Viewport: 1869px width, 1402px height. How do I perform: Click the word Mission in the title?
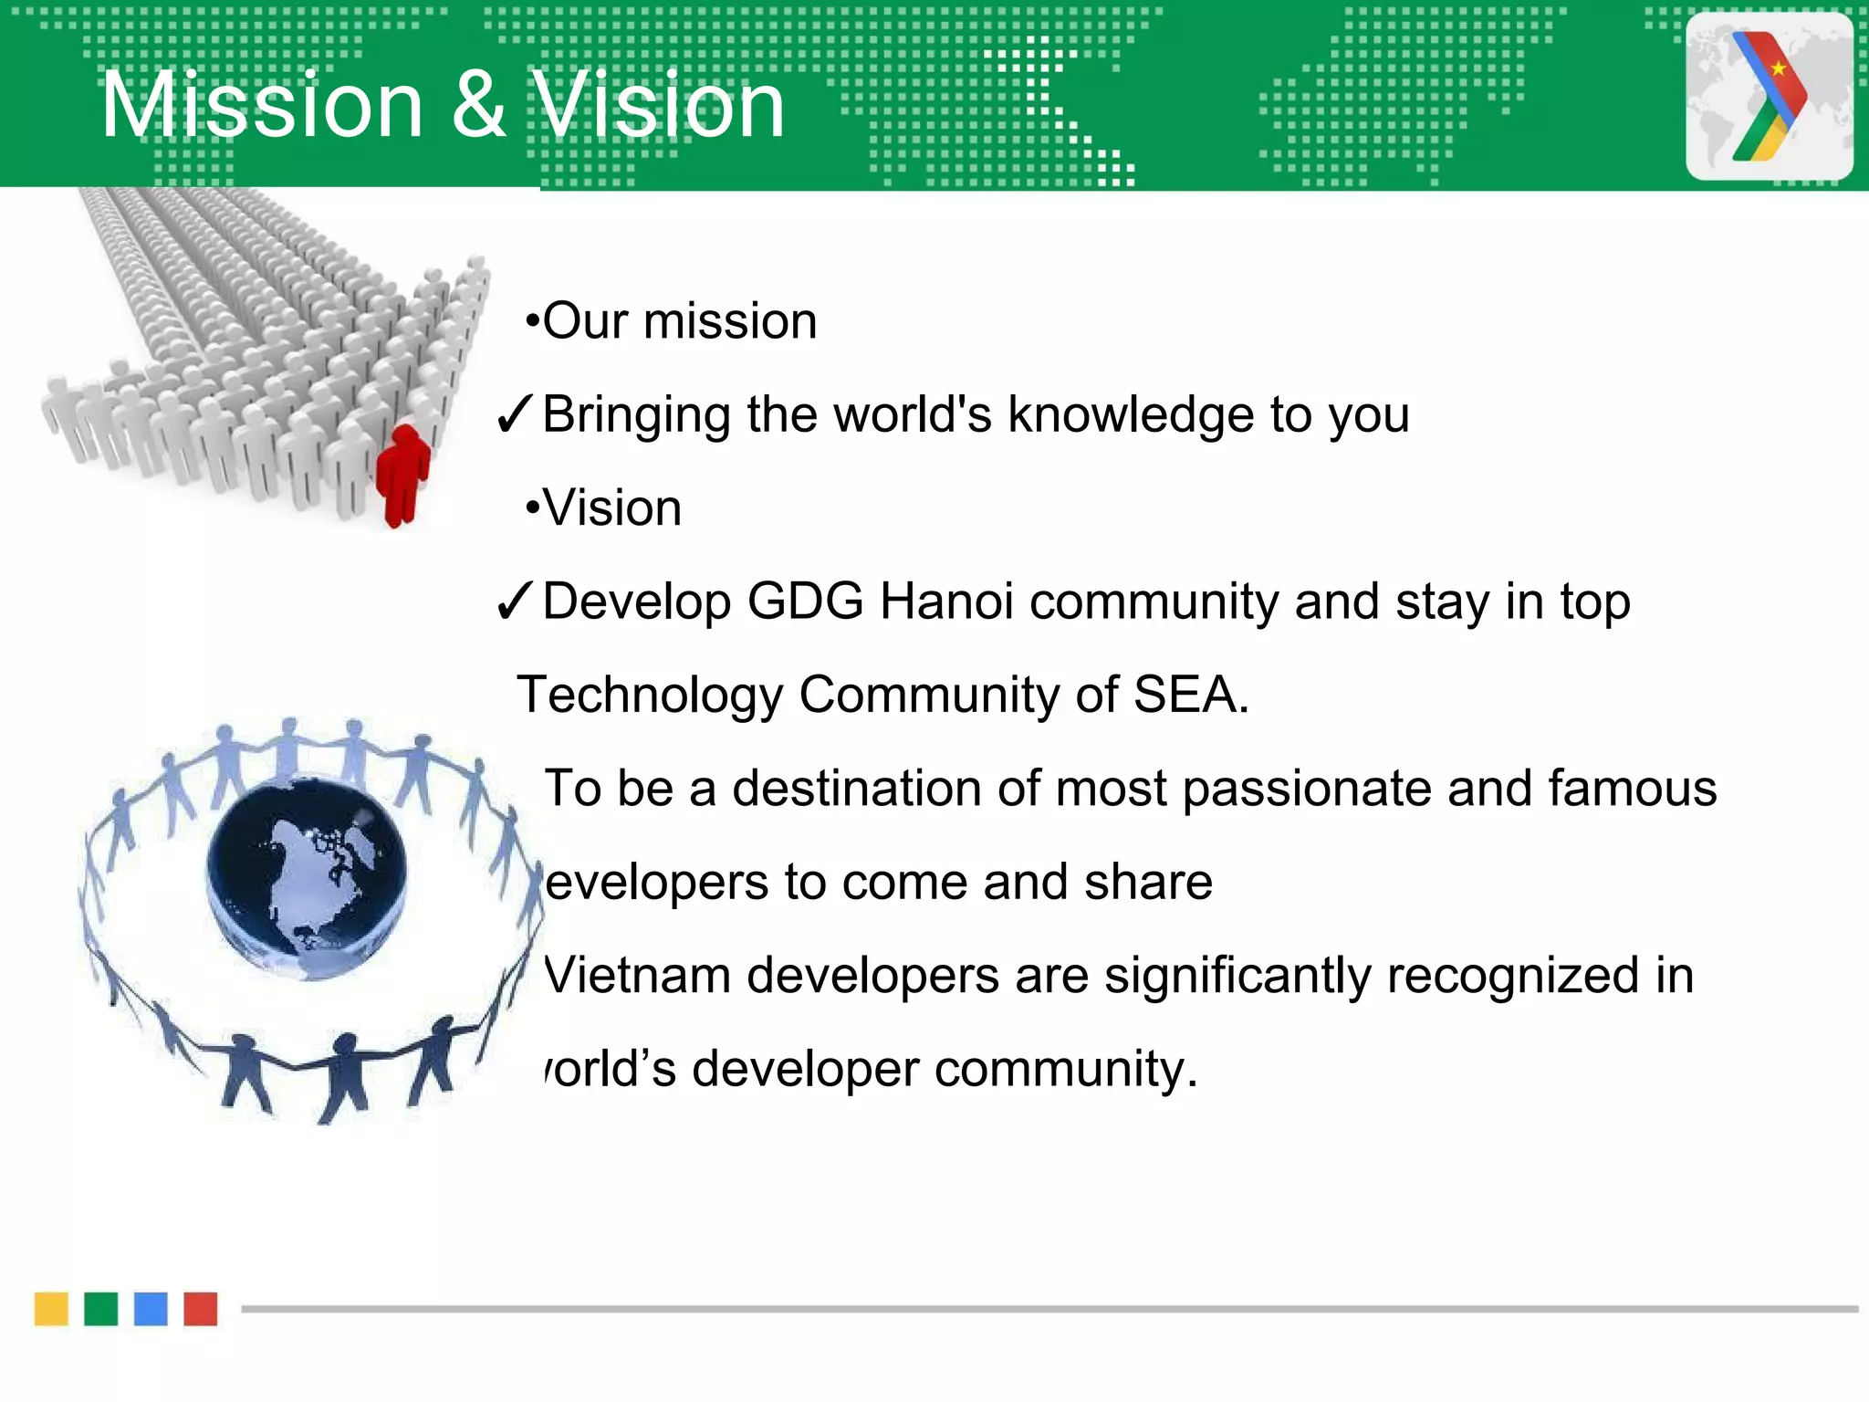pos(262,106)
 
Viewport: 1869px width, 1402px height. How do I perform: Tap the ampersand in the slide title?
pos(478,106)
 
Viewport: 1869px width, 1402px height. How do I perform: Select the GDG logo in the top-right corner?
pos(1769,96)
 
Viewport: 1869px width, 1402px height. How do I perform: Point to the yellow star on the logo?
pos(1779,68)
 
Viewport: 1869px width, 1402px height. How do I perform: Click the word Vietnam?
pos(637,976)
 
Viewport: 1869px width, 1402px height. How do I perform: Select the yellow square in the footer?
pos(51,1308)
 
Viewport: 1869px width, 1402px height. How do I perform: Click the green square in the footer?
pos(101,1308)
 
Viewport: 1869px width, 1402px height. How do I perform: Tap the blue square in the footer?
pos(151,1308)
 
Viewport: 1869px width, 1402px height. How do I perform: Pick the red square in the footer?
pos(201,1308)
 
